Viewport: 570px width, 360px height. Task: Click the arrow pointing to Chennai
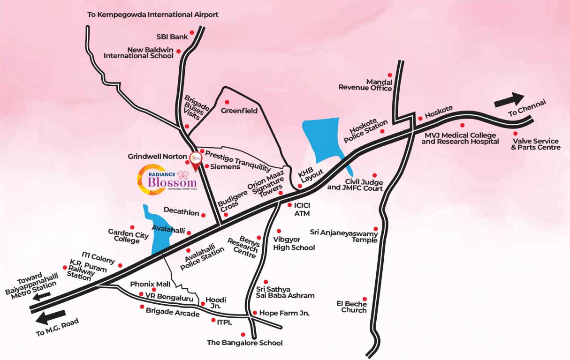point(509,99)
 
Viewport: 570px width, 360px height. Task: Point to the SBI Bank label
point(172,37)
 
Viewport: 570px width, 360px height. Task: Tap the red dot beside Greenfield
point(227,102)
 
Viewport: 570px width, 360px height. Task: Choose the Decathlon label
point(181,212)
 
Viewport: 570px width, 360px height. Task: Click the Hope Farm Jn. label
point(284,313)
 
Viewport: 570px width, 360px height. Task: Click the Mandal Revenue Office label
point(365,84)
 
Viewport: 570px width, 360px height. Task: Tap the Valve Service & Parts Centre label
point(535,144)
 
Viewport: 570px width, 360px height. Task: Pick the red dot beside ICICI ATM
point(289,205)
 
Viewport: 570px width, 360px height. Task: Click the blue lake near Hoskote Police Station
point(322,141)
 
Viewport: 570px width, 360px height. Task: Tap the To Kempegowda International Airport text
point(153,15)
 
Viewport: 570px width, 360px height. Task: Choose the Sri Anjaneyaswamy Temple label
point(344,236)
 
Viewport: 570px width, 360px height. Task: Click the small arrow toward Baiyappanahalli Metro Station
point(42,296)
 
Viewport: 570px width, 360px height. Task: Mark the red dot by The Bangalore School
point(243,334)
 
